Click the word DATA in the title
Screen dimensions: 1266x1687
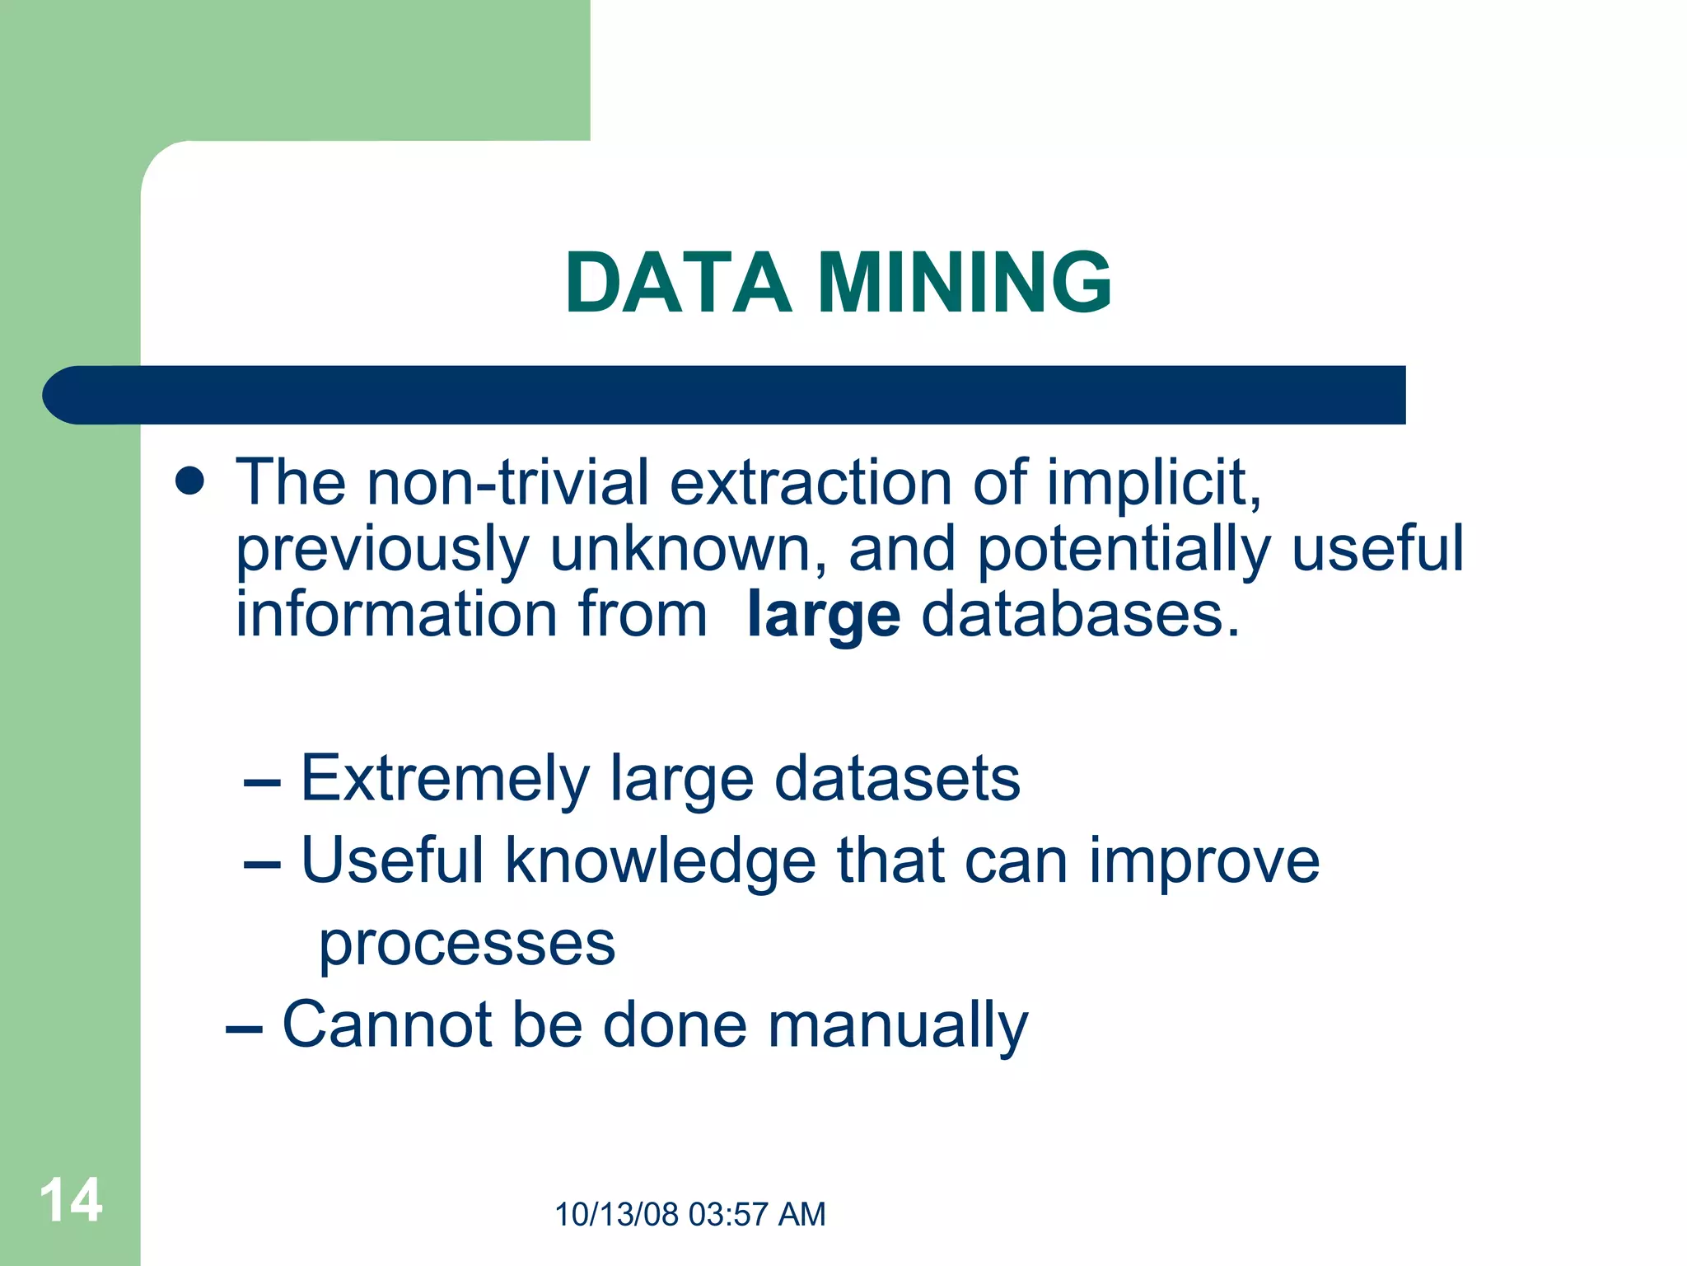[x=677, y=283]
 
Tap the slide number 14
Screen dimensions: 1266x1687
[x=71, y=1200]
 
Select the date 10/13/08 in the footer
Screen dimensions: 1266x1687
[x=617, y=1215]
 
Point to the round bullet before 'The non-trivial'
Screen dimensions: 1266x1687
[x=190, y=481]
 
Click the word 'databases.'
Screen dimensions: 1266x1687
[x=1080, y=615]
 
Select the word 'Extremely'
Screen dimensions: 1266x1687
[x=445, y=780]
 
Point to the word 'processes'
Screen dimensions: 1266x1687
[x=467, y=945]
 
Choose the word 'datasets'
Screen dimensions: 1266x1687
[x=897, y=778]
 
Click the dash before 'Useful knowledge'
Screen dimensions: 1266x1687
[x=263, y=865]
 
